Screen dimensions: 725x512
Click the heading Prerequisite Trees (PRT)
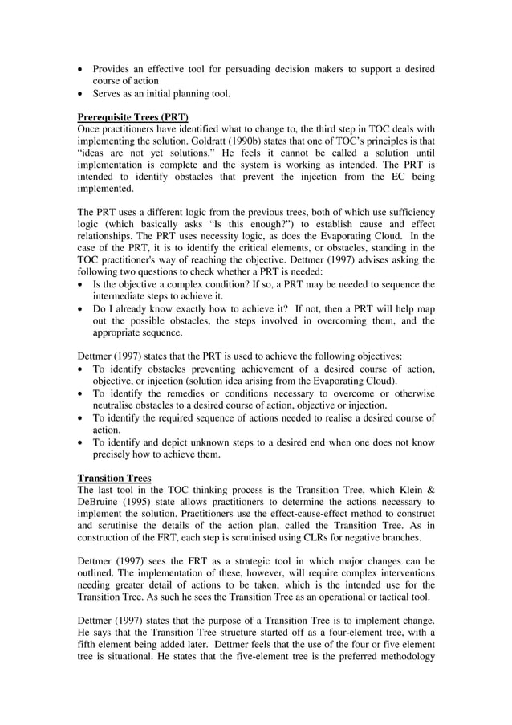click(132, 116)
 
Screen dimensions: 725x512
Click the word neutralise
click(115, 406)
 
